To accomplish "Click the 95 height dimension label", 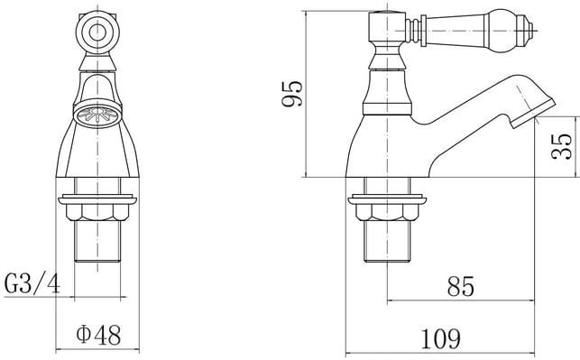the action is tap(292, 94).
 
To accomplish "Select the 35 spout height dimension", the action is tap(561, 146).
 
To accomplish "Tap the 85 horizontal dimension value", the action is tap(461, 286).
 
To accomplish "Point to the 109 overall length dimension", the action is tap(441, 338).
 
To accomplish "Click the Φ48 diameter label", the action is tap(98, 336).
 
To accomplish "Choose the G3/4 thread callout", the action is tap(32, 282).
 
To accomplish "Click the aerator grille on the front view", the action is tap(97, 115).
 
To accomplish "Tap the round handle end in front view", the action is tap(97, 32).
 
